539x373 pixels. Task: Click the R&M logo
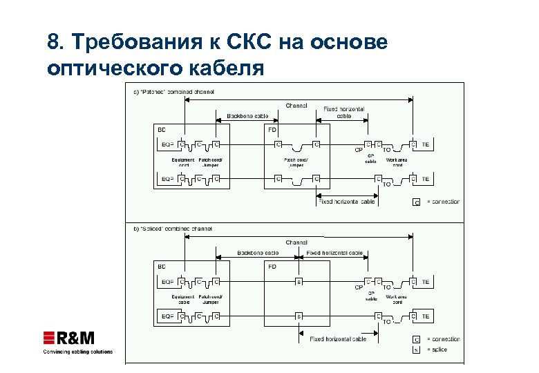[x=68, y=338]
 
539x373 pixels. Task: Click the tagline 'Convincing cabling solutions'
[x=77, y=352]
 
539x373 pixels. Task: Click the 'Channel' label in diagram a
[x=296, y=106]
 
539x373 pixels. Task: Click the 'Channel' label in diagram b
[x=296, y=242]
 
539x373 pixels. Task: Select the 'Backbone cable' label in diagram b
[x=258, y=253]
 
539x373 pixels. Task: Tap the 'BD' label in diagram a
[x=161, y=129]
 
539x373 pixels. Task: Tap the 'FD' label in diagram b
[x=272, y=266]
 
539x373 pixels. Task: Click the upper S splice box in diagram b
[x=299, y=281]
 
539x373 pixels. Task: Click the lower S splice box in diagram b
[x=299, y=316]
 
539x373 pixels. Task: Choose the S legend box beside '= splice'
[x=416, y=350]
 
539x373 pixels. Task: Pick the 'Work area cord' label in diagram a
[x=398, y=163]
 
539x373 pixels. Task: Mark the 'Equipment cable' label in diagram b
[x=183, y=300]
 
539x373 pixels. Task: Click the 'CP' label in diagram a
[x=359, y=149]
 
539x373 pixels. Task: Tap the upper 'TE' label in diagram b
[x=426, y=281]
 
